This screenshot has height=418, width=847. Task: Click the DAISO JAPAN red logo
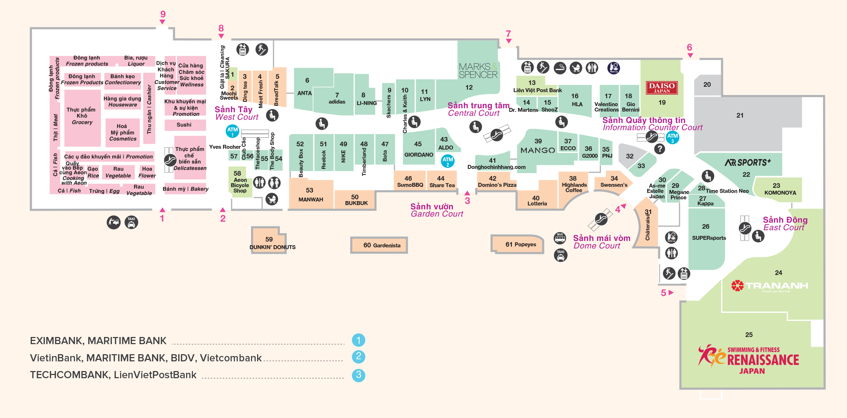[x=662, y=87]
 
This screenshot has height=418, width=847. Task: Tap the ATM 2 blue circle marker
[x=448, y=161]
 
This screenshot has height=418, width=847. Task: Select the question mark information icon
[x=659, y=149]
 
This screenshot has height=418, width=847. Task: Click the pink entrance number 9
[x=163, y=14]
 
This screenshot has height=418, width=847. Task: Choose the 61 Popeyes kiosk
[x=520, y=244]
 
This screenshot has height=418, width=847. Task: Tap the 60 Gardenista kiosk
[x=381, y=245]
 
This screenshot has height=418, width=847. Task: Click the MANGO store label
[x=538, y=150]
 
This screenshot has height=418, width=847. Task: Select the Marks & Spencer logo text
[x=478, y=71]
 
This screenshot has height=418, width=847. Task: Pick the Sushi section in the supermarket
[x=184, y=125]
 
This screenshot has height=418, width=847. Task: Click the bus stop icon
[x=560, y=238]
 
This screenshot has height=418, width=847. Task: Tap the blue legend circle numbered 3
[x=358, y=375]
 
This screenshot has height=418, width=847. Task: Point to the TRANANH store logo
[x=770, y=286]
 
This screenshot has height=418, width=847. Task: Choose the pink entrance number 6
[x=689, y=48]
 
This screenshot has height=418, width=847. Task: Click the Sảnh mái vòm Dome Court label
[x=601, y=242]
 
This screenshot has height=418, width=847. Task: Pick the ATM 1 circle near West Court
[x=232, y=131]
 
